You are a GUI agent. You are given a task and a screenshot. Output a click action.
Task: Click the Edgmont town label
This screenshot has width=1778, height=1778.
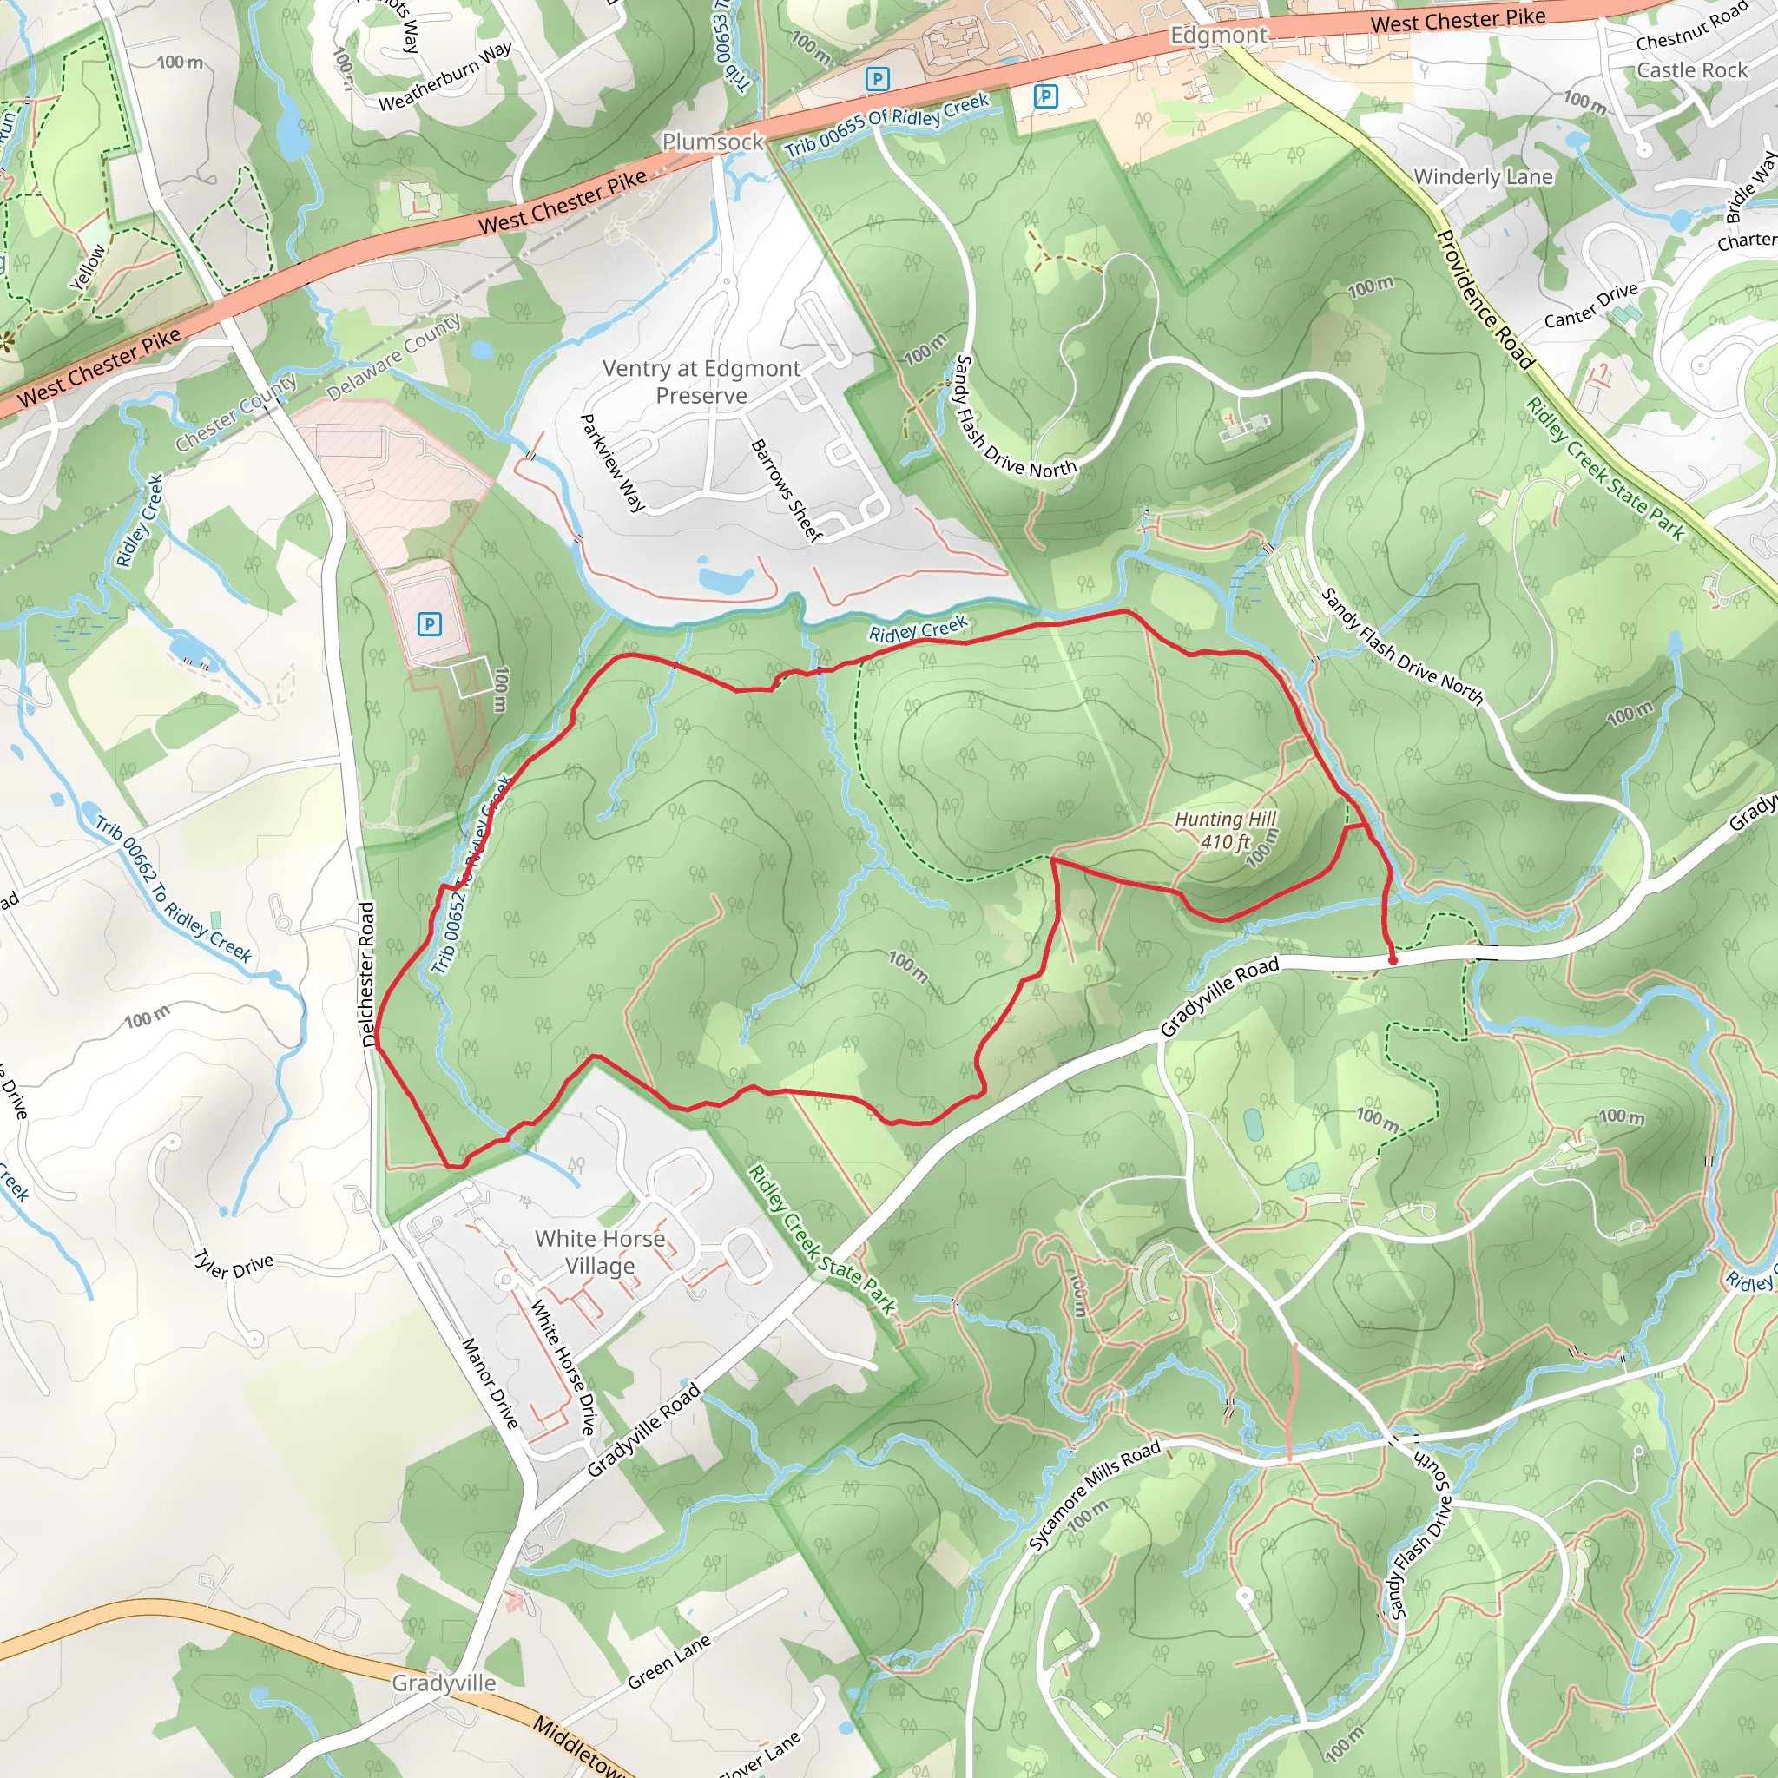click(x=1218, y=35)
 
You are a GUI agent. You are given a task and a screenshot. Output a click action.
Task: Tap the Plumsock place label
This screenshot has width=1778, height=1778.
click(x=714, y=142)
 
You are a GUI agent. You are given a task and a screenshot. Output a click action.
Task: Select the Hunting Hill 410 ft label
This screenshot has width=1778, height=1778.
click(x=1225, y=830)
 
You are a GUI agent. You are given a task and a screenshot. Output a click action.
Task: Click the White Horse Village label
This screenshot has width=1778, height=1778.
click(x=600, y=1252)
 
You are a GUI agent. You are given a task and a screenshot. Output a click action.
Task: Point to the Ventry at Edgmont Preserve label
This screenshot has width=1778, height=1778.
click(x=701, y=382)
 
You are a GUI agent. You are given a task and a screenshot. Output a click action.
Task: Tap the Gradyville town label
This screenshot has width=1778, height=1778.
click(x=444, y=1683)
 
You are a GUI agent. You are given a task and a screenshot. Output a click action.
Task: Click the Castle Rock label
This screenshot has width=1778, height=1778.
click(x=1691, y=70)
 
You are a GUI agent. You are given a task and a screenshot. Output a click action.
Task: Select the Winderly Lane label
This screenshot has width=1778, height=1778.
click(x=1483, y=177)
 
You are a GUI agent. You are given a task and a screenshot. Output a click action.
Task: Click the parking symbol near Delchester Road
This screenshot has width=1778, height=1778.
click(x=429, y=625)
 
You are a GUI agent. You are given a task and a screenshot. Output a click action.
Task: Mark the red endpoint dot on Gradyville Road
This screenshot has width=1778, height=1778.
click(x=1393, y=960)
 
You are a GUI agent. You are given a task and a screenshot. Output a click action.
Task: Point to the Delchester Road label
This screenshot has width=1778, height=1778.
click(x=368, y=974)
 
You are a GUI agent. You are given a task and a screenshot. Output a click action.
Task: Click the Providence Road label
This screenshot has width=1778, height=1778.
click(x=1485, y=300)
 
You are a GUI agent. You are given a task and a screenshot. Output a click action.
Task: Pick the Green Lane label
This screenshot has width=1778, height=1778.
click(x=668, y=1661)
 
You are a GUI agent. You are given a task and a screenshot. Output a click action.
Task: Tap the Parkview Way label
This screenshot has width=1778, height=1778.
click(x=612, y=462)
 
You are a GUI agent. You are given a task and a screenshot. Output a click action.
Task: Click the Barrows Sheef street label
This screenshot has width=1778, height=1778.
click(x=785, y=490)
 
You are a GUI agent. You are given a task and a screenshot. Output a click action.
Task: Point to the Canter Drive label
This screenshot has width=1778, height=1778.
click(x=1591, y=305)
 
